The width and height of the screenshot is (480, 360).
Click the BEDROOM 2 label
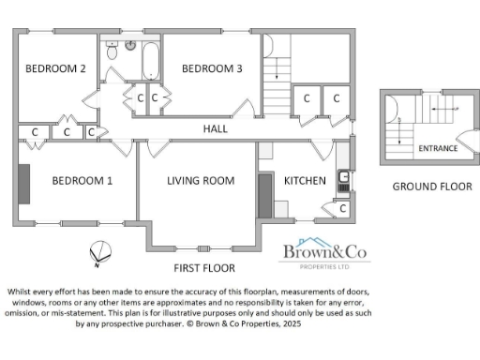(55, 68)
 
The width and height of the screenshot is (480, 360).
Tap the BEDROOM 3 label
(212, 68)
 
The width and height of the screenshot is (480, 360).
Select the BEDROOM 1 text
(82, 181)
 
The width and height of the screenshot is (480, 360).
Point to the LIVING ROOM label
(200, 181)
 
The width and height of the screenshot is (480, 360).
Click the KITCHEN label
(305, 181)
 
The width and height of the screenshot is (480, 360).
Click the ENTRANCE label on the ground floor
(438, 149)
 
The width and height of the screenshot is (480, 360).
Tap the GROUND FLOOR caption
(431, 187)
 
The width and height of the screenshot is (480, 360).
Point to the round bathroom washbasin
(130, 45)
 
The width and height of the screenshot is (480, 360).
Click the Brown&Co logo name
(323, 251)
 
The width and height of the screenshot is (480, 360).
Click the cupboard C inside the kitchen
(343, 208)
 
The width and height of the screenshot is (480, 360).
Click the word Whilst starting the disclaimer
(24, 291)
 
